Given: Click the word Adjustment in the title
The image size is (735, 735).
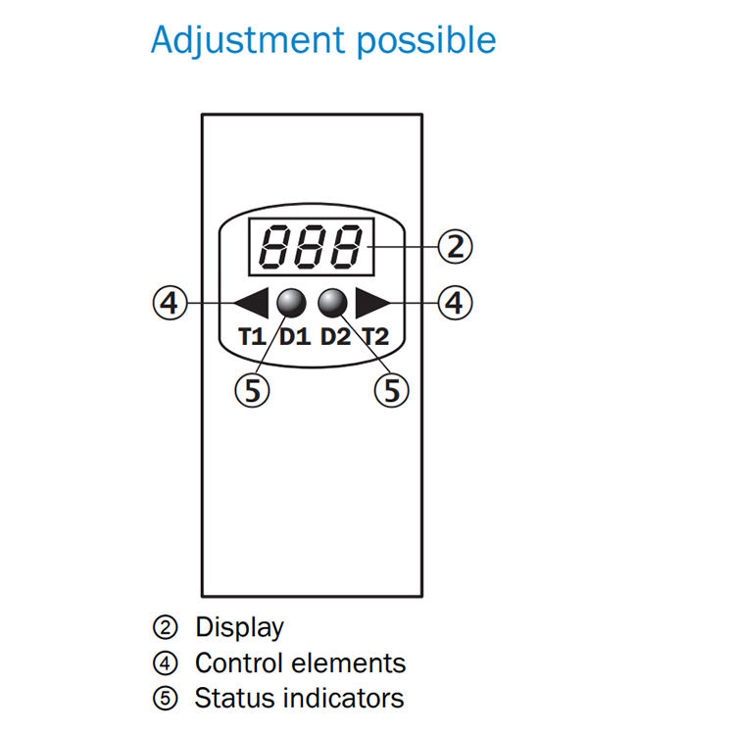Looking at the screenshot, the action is (249, 41).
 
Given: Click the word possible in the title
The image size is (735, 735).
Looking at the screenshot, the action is (426, 41).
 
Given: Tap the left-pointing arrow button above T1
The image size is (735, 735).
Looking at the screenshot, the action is (251, 303).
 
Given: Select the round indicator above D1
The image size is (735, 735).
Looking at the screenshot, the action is (291, 303).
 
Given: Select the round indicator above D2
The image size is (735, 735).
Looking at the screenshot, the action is (332, 303).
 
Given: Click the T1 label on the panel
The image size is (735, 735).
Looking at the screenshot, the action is (252, 336).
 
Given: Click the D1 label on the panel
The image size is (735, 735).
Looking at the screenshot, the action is (295, 336).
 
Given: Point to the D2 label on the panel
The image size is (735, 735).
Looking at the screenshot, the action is (335, 336).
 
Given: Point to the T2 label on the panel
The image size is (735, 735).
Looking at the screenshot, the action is (376, 336).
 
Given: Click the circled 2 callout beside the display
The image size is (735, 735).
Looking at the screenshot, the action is (455, 247).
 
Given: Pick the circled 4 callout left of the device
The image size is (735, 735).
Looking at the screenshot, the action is (171, 303).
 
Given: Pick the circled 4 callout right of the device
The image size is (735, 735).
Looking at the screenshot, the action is (455, 303).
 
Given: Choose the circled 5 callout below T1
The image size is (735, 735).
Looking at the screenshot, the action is (252, 390).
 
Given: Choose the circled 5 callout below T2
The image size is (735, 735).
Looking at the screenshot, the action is (391, 390).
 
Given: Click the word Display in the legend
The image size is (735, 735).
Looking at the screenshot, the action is (239, 627).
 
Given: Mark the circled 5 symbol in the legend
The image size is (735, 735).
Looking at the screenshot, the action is (166, 699).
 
